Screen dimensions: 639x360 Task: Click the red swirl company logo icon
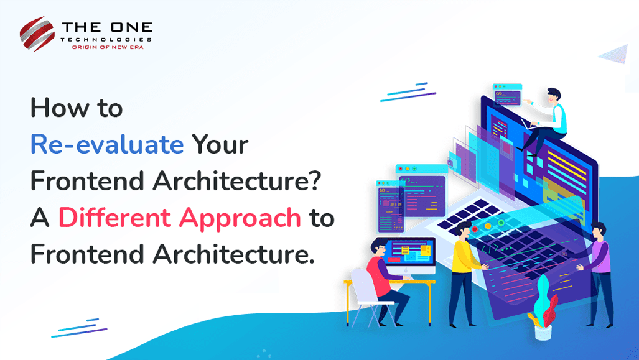(37, 34)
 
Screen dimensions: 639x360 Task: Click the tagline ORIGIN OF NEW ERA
(108, 47)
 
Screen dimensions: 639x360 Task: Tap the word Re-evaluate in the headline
(107, 144)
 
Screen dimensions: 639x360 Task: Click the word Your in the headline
(220, 144)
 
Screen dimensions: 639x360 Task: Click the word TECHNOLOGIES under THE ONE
(106, 40)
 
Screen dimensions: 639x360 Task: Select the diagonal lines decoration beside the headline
(408, 92)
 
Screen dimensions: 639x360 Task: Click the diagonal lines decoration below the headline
(79, 328)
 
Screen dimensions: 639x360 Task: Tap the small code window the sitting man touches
(507, 95)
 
